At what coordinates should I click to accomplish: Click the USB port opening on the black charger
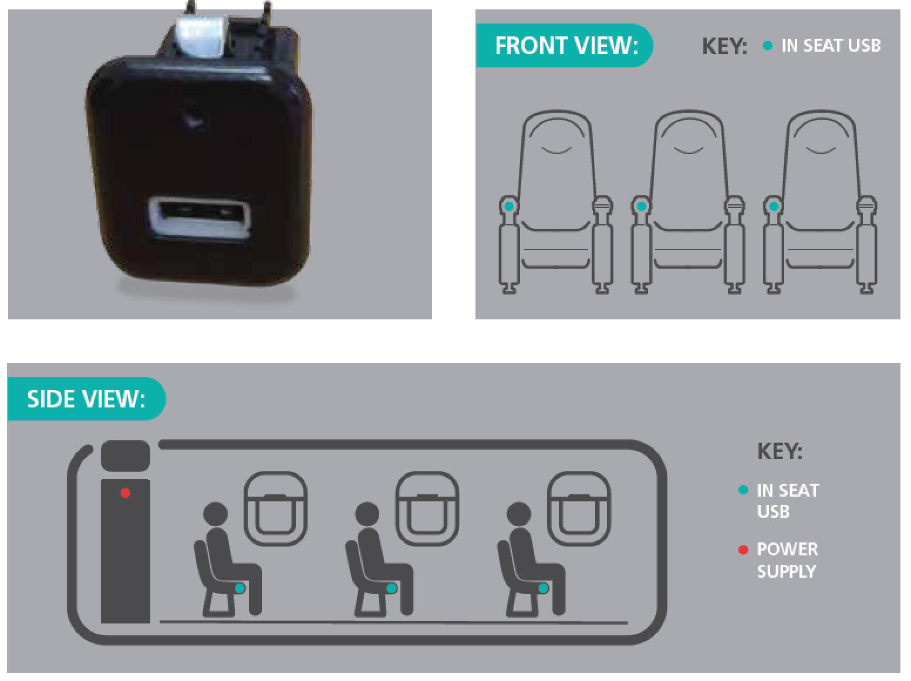point(200,217)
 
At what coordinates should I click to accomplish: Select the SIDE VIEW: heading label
point(86,399)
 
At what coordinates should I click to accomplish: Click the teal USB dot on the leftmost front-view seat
point(510,206)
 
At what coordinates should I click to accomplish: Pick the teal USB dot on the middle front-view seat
point(641,206)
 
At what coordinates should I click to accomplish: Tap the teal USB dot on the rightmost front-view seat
point(774,206)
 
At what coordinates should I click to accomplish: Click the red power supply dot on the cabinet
point(126,493)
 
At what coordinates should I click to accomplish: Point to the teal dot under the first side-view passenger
point(240,588)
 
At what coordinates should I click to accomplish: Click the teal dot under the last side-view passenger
point(544,588)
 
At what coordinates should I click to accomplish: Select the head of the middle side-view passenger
point(367,514)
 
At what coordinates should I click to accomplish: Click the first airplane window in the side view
point(275,509)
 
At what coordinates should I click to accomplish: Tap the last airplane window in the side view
point(579,509)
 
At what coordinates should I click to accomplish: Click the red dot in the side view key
point(743,550)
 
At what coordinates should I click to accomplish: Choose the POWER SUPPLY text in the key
point(787,560)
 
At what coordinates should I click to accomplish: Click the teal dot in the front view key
point(767,46)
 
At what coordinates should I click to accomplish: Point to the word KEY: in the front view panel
point(725,46)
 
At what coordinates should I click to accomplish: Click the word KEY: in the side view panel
point(780,451)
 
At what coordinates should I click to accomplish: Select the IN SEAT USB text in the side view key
point(788,501)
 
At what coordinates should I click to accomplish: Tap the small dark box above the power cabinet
point(126,456)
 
